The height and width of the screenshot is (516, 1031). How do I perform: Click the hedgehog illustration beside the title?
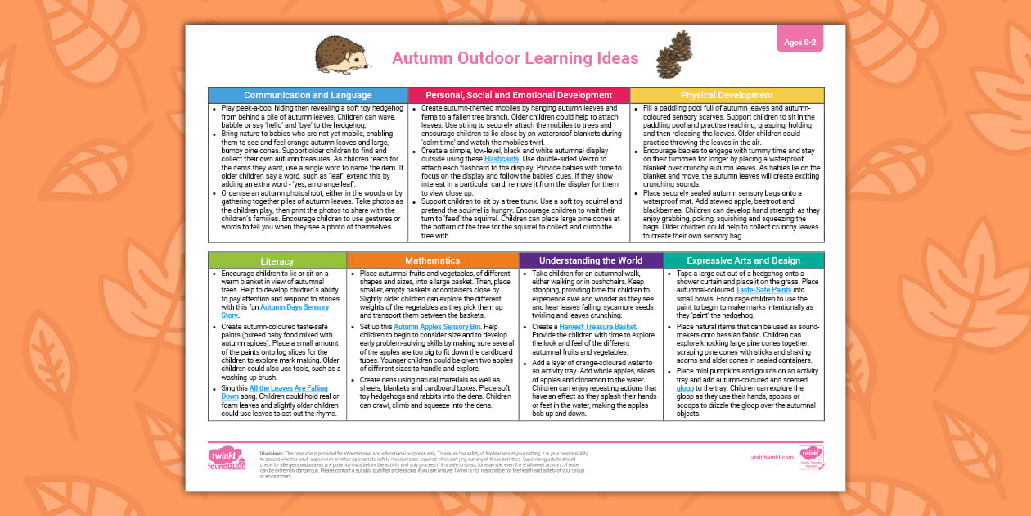tap(343, 56)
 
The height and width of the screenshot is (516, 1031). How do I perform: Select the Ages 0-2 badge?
tap(799, 41)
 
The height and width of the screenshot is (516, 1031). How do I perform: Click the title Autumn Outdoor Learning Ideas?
tap(515, 58)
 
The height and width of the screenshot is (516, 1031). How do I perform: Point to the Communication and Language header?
tap(308, 95)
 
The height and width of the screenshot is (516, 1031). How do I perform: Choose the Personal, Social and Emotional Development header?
tap(519, 95)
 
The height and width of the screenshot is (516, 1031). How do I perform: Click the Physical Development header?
tap(727, 95)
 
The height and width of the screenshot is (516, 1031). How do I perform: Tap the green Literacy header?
tap(277, 260)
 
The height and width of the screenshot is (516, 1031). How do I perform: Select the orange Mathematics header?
tap(433, 260)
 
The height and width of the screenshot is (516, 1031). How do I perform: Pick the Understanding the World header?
tap(591, 260)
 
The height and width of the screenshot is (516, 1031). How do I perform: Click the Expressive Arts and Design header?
tap(743, 260)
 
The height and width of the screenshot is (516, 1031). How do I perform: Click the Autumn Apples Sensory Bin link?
tap(437, 327)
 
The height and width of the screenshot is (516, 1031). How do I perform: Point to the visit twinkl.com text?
tap(772, 457)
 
